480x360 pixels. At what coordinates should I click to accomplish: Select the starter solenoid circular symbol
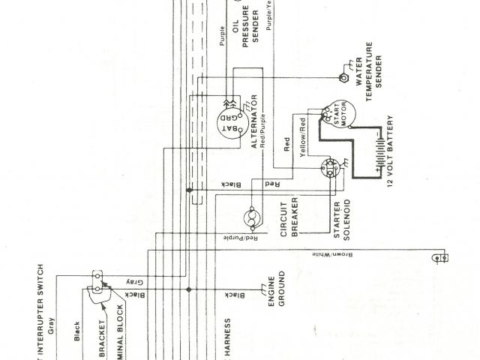coord(330,168)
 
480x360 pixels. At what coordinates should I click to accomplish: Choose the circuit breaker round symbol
coord(253,218)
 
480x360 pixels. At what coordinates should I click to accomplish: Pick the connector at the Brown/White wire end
coord(440,257)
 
